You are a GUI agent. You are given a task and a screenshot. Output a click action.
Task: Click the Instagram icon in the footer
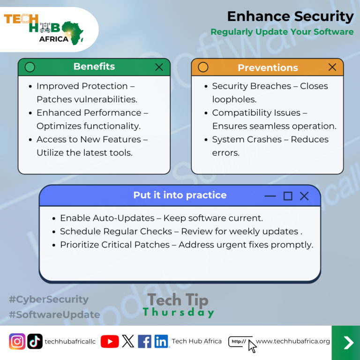[x=17, y=341]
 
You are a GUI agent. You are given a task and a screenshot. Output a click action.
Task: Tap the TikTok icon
[x=35, y=341]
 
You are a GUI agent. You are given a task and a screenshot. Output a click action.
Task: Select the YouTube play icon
[x=110, y=341]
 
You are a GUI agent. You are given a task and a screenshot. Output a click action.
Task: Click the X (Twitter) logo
[x=128, y=341]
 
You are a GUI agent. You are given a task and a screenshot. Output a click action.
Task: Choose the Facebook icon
[x=144, y=341]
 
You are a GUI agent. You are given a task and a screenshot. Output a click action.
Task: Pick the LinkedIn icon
[x=161, y=341]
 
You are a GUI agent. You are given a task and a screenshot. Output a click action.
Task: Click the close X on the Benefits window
[x=159, y=67]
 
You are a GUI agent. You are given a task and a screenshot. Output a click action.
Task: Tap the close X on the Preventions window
[x=332, y=67]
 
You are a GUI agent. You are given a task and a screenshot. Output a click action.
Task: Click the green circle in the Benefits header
[x=30, y=67]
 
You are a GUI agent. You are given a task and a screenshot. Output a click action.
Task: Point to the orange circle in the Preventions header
[x=203, y=67]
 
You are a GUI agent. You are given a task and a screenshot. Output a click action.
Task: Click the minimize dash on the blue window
[x=270, y=196]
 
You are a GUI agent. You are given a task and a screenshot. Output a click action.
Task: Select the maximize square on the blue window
[x=288, y=196]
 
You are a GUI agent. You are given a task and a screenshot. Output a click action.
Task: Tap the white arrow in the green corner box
[x=348, y=343]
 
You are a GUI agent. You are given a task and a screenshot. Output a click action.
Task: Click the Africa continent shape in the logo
[x=73, y=33]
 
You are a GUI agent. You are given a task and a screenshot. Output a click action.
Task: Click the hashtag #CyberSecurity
[x=49, y=300]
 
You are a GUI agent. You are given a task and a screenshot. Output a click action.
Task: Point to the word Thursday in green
[x=179, y=313]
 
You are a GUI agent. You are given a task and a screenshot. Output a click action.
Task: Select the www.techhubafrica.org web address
[x=292, y=341]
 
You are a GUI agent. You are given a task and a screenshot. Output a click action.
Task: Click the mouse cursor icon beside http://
[x=252, y=346]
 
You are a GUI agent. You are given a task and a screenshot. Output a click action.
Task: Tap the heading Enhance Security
[x=291, y=16]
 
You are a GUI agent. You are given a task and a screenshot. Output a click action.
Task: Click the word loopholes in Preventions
[x=234, y=100]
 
